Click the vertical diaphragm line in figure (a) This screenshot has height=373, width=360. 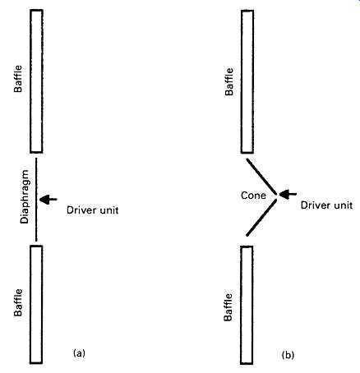[x=36, y=200]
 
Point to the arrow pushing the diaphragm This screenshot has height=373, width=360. [x=48, y=200]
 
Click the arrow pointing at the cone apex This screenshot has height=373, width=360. [x=288, y=194]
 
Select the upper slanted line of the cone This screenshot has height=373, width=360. [x=261, y=177]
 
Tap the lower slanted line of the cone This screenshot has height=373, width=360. [x=261, y=218]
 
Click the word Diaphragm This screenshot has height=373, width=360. [x=25, y=196]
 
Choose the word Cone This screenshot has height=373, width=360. [x=253, y=196]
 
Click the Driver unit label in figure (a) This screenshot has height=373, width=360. [x=93, y=210]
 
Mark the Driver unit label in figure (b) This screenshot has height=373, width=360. [x=326, y=205]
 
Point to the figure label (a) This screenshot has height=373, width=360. [x=79, y=353]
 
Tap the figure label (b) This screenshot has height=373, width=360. [x=288, y=355]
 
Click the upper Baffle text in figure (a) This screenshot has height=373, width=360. [x=18, y=79]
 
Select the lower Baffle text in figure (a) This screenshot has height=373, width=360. [x=18, y=302]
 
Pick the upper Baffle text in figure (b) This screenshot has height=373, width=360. [x=229, y=81]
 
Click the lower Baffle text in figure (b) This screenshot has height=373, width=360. [x=228, y=307]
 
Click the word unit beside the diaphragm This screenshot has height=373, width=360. [x=108, y=210]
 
